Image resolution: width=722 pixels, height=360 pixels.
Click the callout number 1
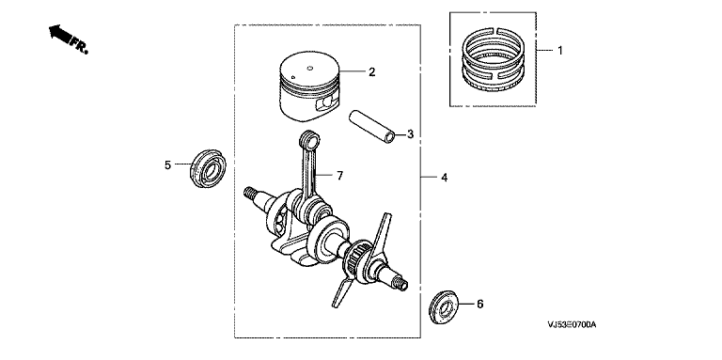click(560, 50)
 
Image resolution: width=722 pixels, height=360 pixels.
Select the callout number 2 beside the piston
click(371, 71)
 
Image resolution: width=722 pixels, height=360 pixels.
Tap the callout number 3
click(410, 134)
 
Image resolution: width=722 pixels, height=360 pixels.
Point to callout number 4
click(444, 178)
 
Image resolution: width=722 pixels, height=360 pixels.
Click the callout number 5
click(167, 164)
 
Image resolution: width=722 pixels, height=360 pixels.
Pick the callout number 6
click(479, 304)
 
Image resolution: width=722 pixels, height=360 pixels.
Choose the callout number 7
click(339, 176)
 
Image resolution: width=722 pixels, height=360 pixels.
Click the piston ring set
click(494, 58)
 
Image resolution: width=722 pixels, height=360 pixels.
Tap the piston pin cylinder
click(372, 125)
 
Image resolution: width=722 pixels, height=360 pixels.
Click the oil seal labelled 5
click(208, 168)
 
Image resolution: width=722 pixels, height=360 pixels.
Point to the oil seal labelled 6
click(444, 306)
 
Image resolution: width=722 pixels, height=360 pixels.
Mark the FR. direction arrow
click(68, 39)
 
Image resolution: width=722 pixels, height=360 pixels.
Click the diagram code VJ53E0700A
click(572, 325)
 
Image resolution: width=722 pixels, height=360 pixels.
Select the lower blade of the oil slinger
click(341, 290)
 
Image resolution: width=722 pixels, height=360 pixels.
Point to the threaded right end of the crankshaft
click(401, 284)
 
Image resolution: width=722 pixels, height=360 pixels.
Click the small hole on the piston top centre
click(310, 69)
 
